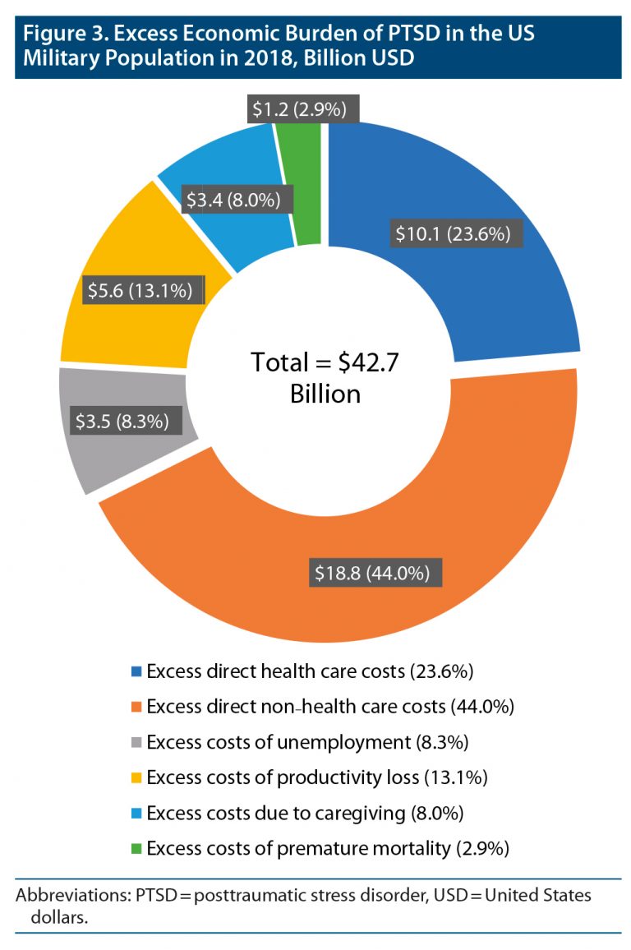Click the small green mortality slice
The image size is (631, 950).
click(307, 189)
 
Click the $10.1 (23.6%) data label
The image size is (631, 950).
click(453, 234)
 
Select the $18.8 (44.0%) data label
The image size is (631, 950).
click(377, 572)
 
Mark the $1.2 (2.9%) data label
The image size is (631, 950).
click(297, 109)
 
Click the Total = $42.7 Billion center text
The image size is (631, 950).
click(325, 377)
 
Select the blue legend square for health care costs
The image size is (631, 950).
click(136, 672)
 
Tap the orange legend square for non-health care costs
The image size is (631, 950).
click(136, 708)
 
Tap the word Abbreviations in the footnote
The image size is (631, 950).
click(67, 895)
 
